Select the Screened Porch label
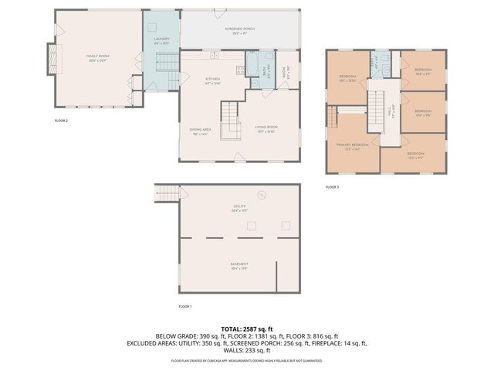(x=239, y=30)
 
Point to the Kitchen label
(x=213, y=80)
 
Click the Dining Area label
(x=201, y=132)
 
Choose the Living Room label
(x=266, y=128)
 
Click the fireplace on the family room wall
(x=52, y=58)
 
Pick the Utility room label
(x=239, y=207)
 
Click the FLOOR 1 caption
(x=184, y=307)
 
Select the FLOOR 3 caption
(x=332, y=187)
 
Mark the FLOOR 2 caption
(x=61, y=121)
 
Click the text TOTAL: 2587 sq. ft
(x=246, y=328)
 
